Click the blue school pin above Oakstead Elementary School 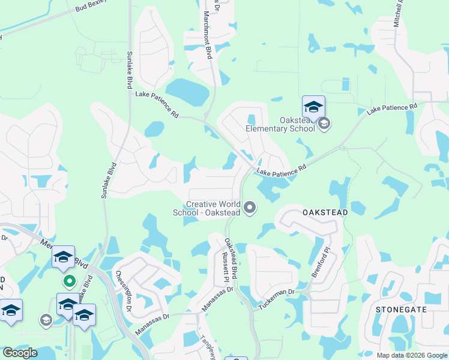pyautogui.click(x=313, y=107)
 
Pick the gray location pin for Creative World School pyautogui.click(x=250, y=208)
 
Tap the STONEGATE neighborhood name pyautogui.click(x=401, y=309)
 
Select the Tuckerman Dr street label pyautogui.click(x=277, y=299)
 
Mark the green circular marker pyautogui.click(x=70, y=280)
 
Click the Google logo pyautogui.click(x=20, y=353)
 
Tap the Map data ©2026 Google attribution pyautogui.click(x=411, y=355)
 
